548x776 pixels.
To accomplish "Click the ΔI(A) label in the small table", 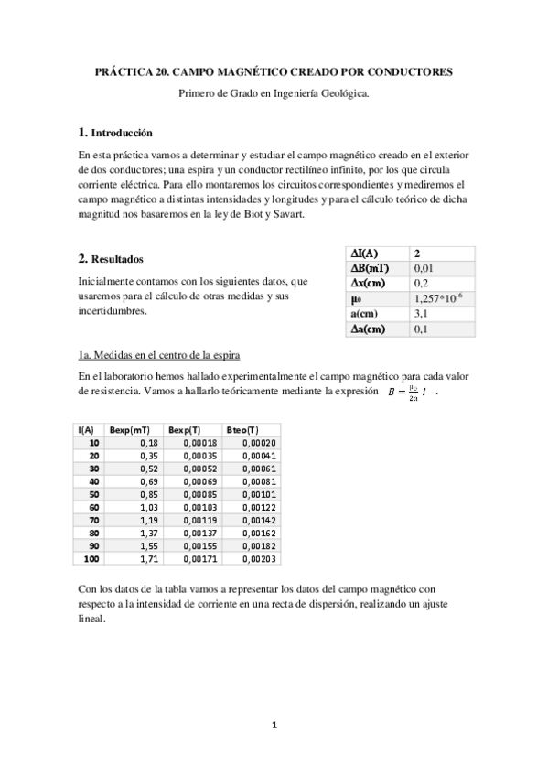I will click(365, 253).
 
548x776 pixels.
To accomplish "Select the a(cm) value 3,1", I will click(421, 314).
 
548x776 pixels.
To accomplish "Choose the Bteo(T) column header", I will click(241, 429).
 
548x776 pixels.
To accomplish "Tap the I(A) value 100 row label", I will click(91, 558).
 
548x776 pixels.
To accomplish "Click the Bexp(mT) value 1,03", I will click(149, 506).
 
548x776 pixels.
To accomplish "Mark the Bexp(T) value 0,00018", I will click(200, 442).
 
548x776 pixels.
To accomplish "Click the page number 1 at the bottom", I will click(274, 726).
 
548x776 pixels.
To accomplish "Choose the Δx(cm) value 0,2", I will click(421, 283).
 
